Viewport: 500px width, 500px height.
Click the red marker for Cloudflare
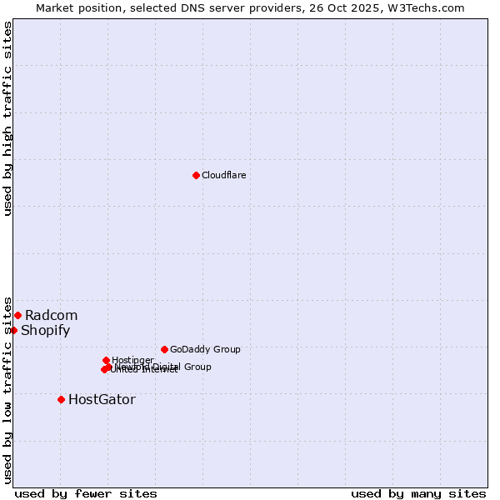196,175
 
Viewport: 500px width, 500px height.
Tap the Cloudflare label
223,175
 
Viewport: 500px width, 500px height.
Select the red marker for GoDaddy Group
164,349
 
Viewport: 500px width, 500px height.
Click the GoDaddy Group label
205,349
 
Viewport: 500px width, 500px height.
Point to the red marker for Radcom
17,315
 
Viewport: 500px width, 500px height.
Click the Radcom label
51,315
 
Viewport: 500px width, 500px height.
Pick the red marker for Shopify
13,330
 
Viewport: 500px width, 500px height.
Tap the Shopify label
45,330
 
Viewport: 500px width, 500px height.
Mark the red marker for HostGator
61,399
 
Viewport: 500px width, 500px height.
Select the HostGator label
102,399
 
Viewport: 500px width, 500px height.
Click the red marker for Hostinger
106,360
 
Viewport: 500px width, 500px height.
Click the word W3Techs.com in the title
430,7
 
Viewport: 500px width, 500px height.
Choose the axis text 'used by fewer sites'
86,493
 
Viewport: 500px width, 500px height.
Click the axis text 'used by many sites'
418,493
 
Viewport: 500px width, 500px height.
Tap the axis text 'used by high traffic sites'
7,118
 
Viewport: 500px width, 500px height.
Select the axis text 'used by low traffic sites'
7,389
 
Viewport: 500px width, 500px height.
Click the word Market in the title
54,7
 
